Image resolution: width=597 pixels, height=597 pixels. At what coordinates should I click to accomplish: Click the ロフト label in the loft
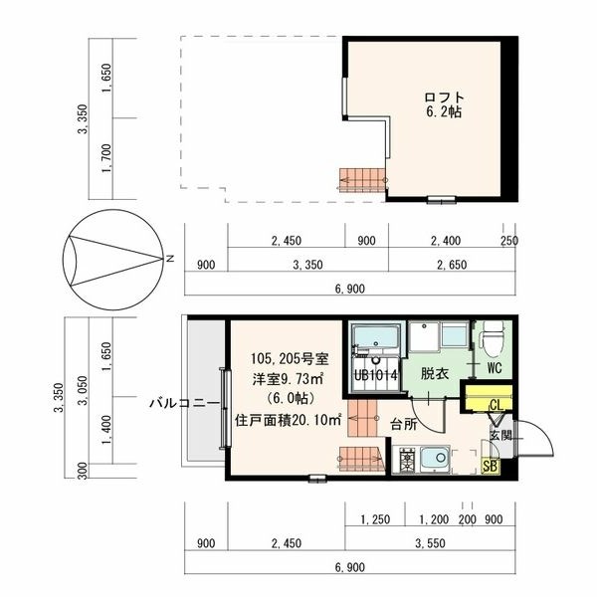coord(445,98)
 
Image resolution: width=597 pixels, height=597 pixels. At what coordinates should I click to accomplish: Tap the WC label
coord(495,368)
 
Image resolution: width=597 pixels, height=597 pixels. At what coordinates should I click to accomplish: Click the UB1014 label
coord(376,375)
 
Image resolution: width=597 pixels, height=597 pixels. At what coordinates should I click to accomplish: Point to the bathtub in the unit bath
coord(376,337)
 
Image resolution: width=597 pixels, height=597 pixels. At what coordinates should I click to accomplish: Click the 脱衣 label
coord(435,373)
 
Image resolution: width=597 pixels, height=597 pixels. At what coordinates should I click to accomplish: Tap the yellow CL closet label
coord(497,405)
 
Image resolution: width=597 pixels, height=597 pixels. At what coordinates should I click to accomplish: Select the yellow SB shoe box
coord(490,466)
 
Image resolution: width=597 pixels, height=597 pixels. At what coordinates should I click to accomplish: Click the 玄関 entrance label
coord(500,435)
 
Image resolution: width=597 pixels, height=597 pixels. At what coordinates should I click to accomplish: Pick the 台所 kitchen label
coord(404,424)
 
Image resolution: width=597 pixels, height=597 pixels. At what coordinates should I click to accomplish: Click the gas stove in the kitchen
coord(406,460)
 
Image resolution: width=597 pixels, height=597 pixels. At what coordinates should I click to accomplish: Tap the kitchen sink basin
coord(435,459)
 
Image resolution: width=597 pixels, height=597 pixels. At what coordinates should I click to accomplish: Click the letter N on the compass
coord(170,259)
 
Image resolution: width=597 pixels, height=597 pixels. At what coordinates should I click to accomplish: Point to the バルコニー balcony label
coord(184,403)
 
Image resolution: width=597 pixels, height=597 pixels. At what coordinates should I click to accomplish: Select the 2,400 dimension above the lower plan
coord(446,241)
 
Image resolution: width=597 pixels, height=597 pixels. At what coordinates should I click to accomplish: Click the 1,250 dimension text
coord(375,519)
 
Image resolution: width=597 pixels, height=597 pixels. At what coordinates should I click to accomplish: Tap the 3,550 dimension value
coord(430,543)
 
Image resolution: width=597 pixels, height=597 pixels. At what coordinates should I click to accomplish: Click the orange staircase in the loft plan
coord(362,180)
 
